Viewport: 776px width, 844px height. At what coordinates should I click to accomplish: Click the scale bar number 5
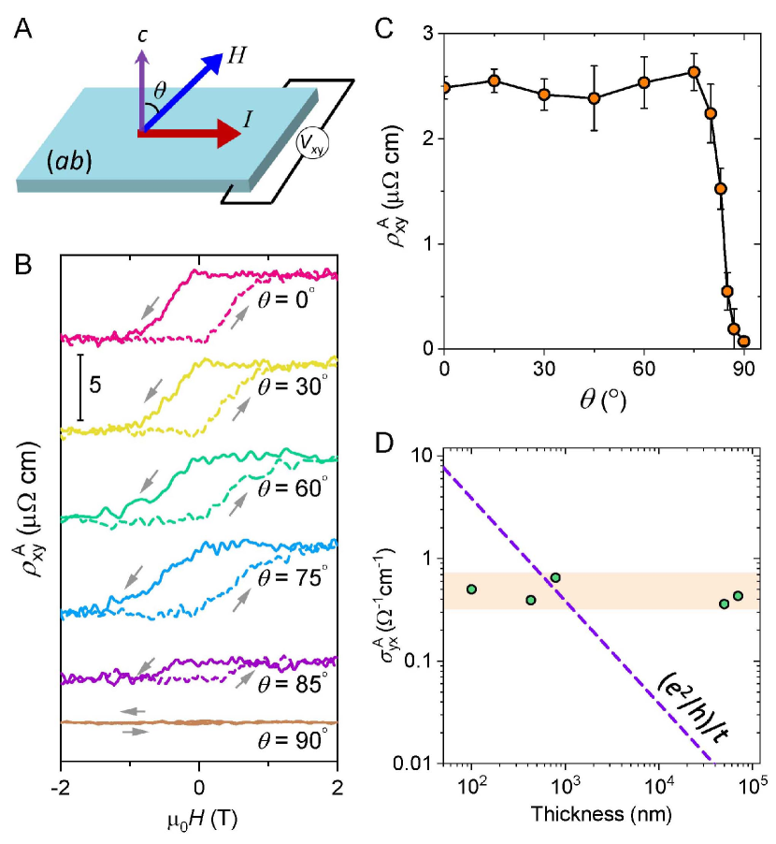(x=95, y=384)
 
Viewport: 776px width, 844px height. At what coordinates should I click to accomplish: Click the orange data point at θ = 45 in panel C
(x=594, y=98)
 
